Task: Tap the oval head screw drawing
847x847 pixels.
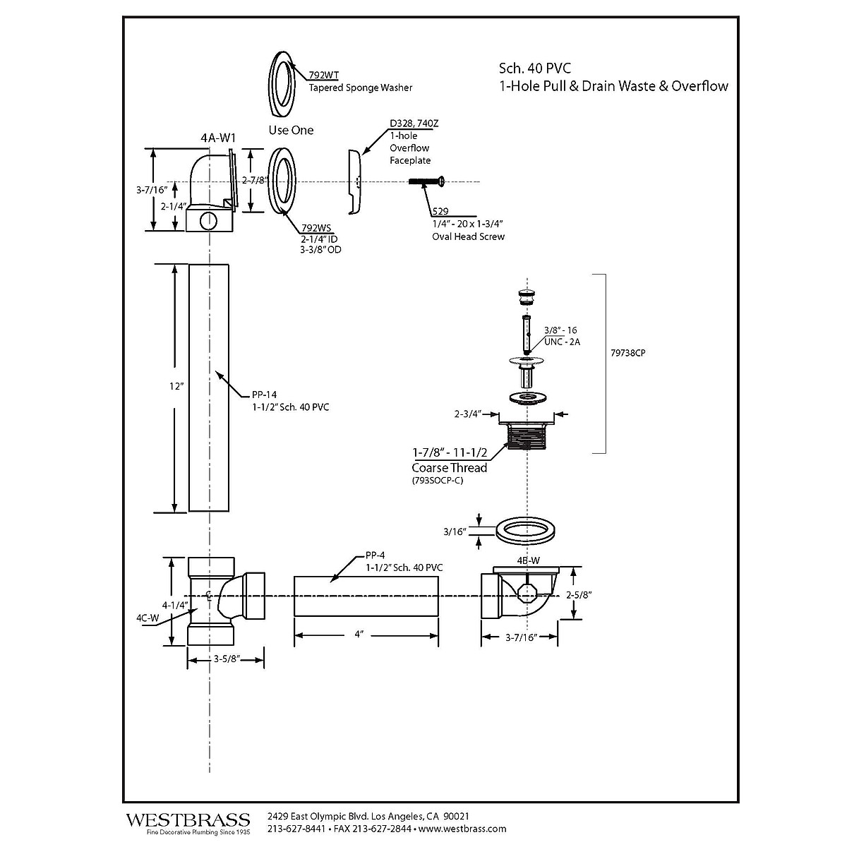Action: tap(425, 182)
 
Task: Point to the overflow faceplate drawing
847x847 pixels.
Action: tap(354, 181)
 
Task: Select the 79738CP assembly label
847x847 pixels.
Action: tap(627, 353)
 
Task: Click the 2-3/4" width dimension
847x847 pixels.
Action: tap(469, 414)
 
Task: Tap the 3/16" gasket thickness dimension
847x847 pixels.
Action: tap(456, 531)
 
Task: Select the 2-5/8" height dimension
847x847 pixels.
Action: tap(579, 594)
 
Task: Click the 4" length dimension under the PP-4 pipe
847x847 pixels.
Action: tap(359, 635)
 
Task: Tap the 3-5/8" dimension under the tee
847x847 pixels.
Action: tap(227, 659)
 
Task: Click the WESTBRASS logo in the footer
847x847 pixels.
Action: tap(188, 820)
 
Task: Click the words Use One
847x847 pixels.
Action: tap(291, 130)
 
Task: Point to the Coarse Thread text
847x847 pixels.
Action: tap(449, 467)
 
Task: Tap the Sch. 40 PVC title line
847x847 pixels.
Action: tap(534, 68)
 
